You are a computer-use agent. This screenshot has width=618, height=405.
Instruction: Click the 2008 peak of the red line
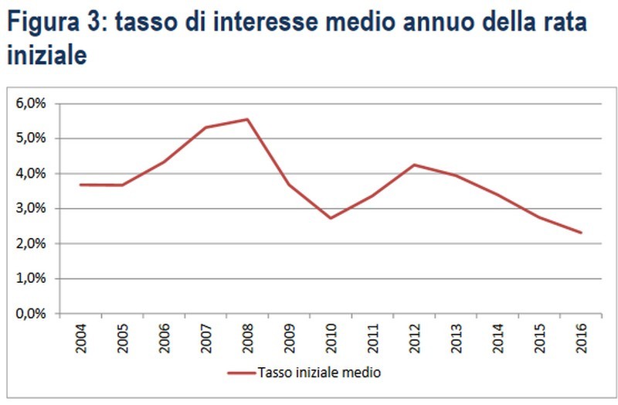click(x=246, y=119)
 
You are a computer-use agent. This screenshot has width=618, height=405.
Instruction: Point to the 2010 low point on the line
click(x=331, y=218)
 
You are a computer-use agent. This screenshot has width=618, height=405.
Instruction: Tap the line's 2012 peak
click(x=414, y=165)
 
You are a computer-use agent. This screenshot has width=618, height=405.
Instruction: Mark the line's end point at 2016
click(x=581, y=233)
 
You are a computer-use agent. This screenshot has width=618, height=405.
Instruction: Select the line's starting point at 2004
click(x=80, y=185)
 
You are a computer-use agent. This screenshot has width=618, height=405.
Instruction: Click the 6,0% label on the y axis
click(x=31, y=103)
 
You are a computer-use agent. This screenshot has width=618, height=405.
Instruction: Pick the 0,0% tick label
click(x=31, y=314)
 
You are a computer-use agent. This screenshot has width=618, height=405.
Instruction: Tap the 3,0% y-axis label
click(x=31, y=209)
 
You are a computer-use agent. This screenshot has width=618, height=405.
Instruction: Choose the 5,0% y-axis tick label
click(x=31, y=138)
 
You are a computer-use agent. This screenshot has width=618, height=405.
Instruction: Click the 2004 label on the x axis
click(x=80, y=337)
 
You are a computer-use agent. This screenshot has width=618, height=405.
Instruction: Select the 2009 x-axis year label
click(x=289, y=337)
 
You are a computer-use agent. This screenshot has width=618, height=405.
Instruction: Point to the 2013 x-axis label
click(x=456, y=337)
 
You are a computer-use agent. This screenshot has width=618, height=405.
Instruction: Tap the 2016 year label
click(x=581, y=337)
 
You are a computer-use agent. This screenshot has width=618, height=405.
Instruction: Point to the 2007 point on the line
click(x=205, y=128)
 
